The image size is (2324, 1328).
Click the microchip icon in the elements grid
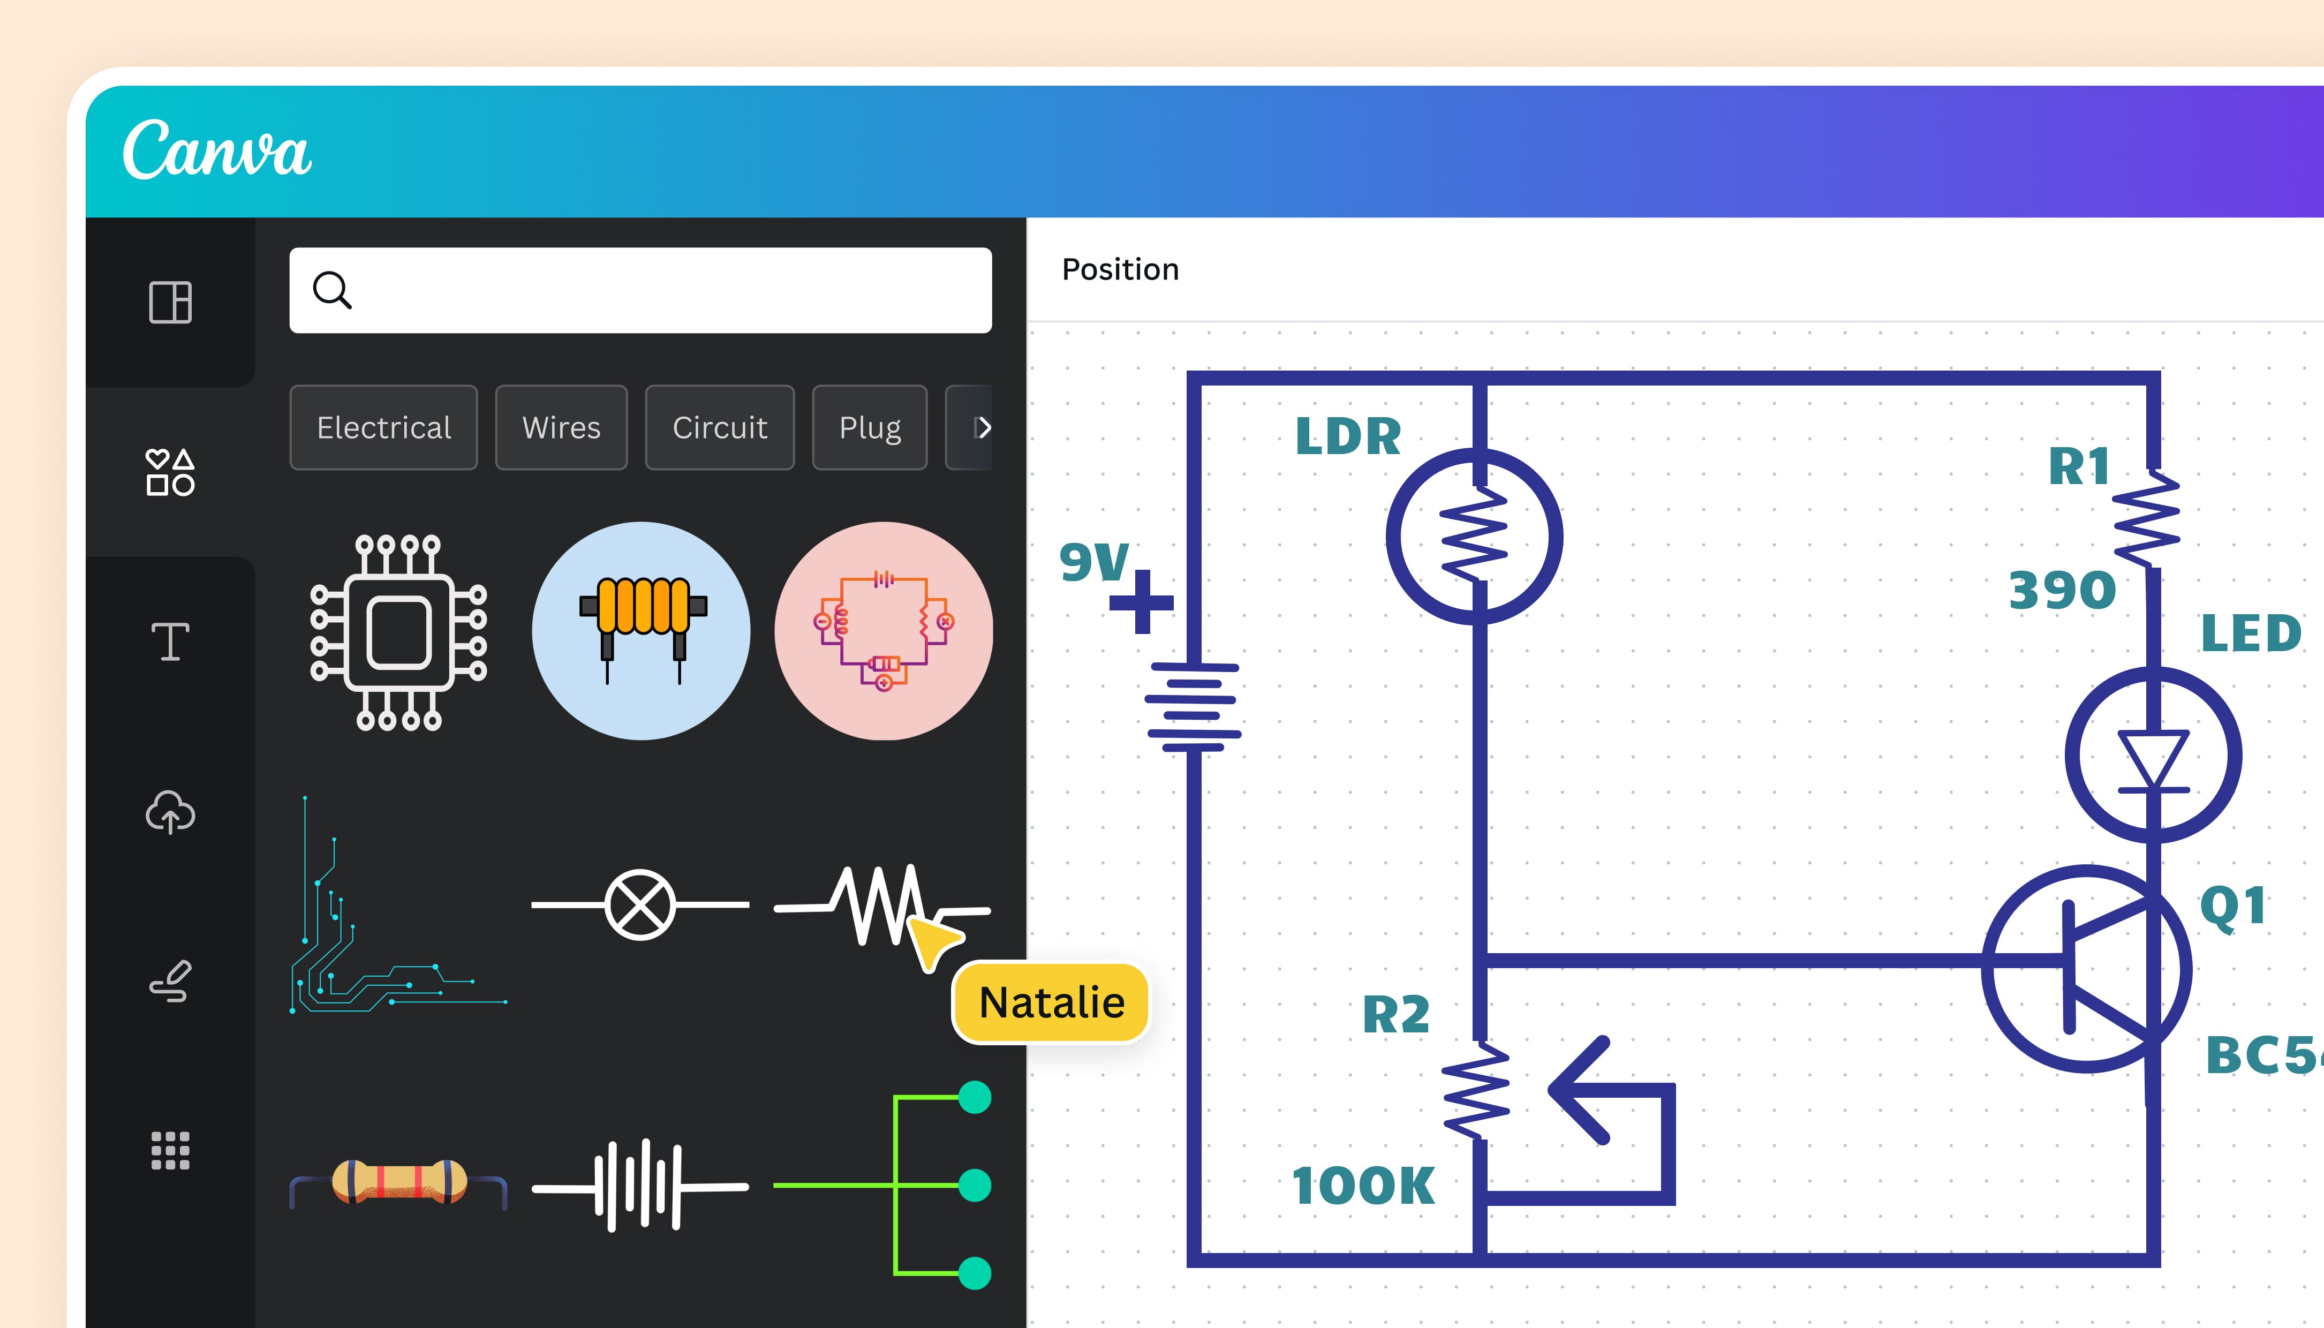click(398, 632)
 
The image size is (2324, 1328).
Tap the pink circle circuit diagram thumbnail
click(883, 631)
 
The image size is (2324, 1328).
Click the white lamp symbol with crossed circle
click(640, 905)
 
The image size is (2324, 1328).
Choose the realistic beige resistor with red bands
click(398, 1183)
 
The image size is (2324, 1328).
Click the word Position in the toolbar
click(1120, 270)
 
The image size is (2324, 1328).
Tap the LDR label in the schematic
click(1348, 437)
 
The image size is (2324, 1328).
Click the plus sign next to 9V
click(1141, 602)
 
